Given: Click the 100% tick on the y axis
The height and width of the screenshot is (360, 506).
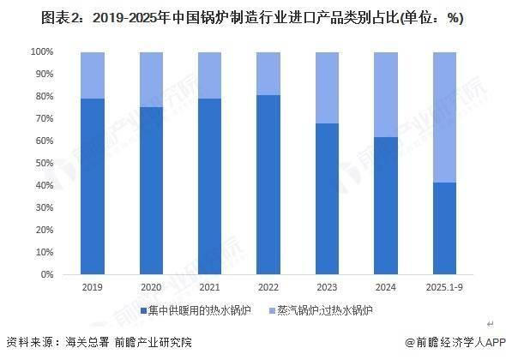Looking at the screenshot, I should pyautogui.click(x=42, y=52).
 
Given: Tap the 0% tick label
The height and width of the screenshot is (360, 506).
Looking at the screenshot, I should pyautogui.click(x=47, y=275).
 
